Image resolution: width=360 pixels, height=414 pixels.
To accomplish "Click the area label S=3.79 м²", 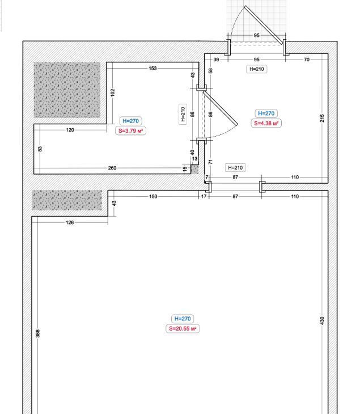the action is [130, 130].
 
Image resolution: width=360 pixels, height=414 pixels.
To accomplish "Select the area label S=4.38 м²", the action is [266, 123].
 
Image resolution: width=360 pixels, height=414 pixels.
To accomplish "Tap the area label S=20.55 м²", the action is [183, 329].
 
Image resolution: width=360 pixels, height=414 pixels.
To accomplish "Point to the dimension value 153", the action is [153, 68].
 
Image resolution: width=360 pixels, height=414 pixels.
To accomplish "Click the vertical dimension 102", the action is [113, 92].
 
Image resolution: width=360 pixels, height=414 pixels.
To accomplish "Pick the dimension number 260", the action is [112, 168].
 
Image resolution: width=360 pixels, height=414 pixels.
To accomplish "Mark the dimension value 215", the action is [322, 118].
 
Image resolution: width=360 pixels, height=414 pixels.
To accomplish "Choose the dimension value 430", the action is [322, 320].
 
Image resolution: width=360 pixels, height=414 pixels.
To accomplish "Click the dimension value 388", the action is [38, 333].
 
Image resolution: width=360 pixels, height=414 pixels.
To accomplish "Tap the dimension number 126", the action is [70, 222].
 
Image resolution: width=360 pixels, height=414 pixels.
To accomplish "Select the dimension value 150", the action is [153, 196].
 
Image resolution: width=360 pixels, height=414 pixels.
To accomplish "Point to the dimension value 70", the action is [307, 60].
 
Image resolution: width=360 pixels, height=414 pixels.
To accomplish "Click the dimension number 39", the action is [216, 60].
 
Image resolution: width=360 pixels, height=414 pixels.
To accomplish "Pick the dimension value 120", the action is [70, 130].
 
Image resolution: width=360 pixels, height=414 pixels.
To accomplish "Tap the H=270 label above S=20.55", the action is [183, 319].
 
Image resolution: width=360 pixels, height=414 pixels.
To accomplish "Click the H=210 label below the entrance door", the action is [257, 69].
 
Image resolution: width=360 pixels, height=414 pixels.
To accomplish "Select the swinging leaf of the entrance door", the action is [264, 25].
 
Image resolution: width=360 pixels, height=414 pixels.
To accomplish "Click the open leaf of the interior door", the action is [221, 108].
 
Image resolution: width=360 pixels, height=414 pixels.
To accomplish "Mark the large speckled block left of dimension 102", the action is [67, 90].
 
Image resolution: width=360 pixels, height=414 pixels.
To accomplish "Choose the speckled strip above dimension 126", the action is [67, 200].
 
